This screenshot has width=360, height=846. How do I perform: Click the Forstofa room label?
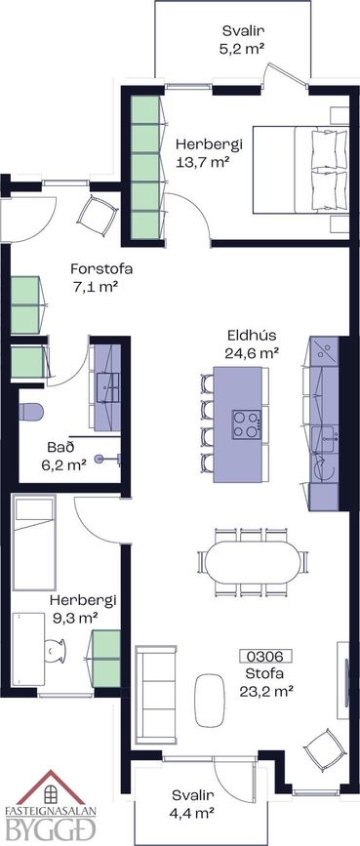pos(101,268)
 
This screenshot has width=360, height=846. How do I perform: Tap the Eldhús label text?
pos(252,336)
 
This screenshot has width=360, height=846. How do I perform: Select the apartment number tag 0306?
pos(265,656)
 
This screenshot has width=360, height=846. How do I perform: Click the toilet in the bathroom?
pos(31,412)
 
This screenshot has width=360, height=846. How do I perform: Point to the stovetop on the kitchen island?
pos(247,424)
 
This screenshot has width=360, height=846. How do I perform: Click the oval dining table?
pos(253,562)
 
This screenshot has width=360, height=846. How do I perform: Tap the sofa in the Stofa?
pos(155,694)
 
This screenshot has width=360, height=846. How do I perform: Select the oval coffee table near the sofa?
pos(209,700)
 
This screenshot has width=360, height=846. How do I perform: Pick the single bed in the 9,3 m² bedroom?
pos(34,542)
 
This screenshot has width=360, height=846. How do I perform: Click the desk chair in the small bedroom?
pos(55,650)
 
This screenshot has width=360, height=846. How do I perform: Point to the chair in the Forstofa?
pos(98,215)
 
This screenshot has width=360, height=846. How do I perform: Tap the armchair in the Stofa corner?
pos(325,750)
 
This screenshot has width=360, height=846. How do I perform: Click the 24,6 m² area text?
pos(252,353)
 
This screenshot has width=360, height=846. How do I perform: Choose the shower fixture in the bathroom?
pos(106,460)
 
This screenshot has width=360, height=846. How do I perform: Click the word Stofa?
pos(264,673)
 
